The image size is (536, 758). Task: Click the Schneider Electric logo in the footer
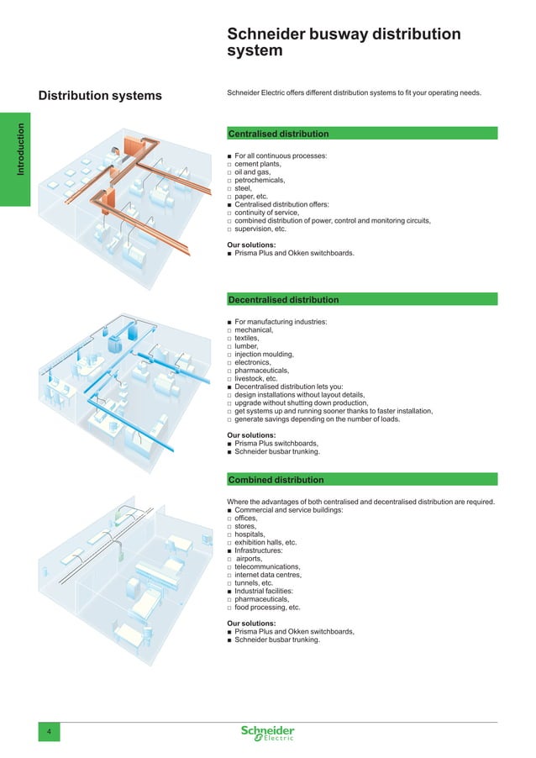click(x=267, y=733)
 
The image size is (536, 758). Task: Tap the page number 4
click(x=49, y=734)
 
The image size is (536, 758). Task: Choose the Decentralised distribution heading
click(x=283, y=299)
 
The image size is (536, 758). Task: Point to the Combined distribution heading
click(x=276, y=480)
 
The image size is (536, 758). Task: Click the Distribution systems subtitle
click(x=101, y=96)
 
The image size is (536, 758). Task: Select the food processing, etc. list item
click(x=267, y=607)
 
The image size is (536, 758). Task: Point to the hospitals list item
click(x=250, y=534)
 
